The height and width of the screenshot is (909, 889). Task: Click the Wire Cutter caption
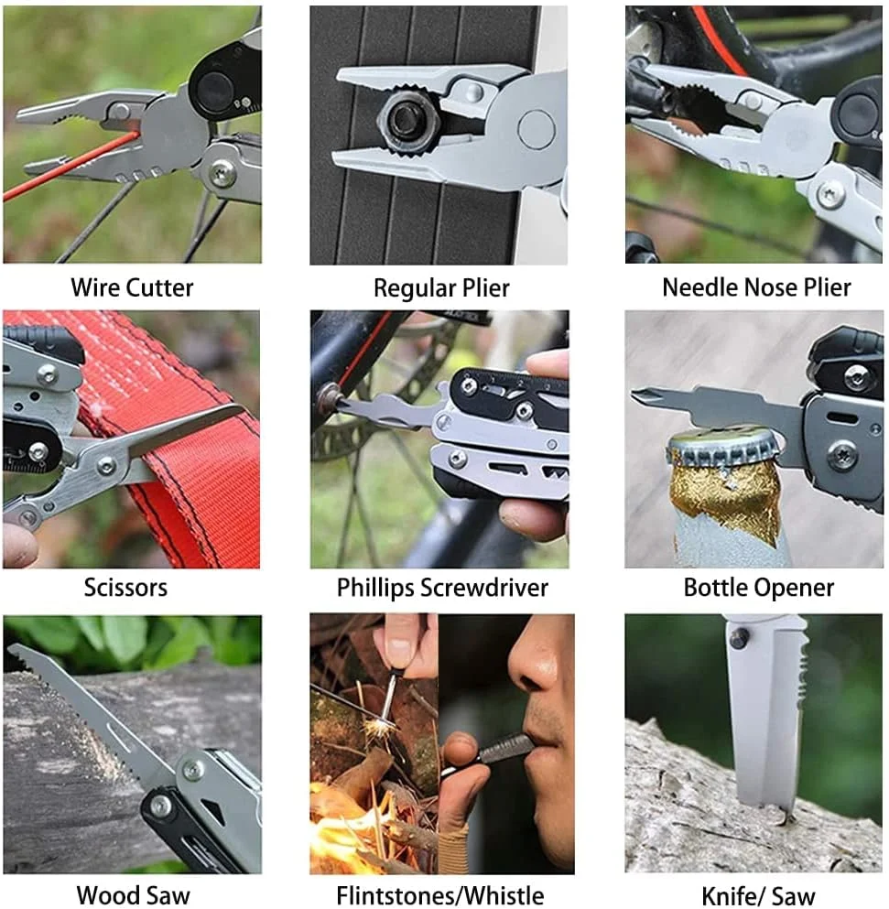pos(132,287)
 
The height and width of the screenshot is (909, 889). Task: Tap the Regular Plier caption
pos(441,288)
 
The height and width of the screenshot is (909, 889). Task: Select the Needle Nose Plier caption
pos(756,287)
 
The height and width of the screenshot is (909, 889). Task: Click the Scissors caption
pos(125,588)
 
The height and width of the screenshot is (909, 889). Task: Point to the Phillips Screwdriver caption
pos(442,588)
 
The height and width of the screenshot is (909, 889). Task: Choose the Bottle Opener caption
pos(758,588)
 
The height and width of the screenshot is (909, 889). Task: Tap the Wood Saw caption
pos(133,895)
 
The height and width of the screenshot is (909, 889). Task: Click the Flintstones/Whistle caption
pos(440,895)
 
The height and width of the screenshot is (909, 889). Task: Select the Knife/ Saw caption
pos(758,895)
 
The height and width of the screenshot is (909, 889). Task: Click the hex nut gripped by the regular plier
pos(408,123)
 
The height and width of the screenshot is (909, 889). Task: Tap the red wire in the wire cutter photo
pos(70,166)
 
